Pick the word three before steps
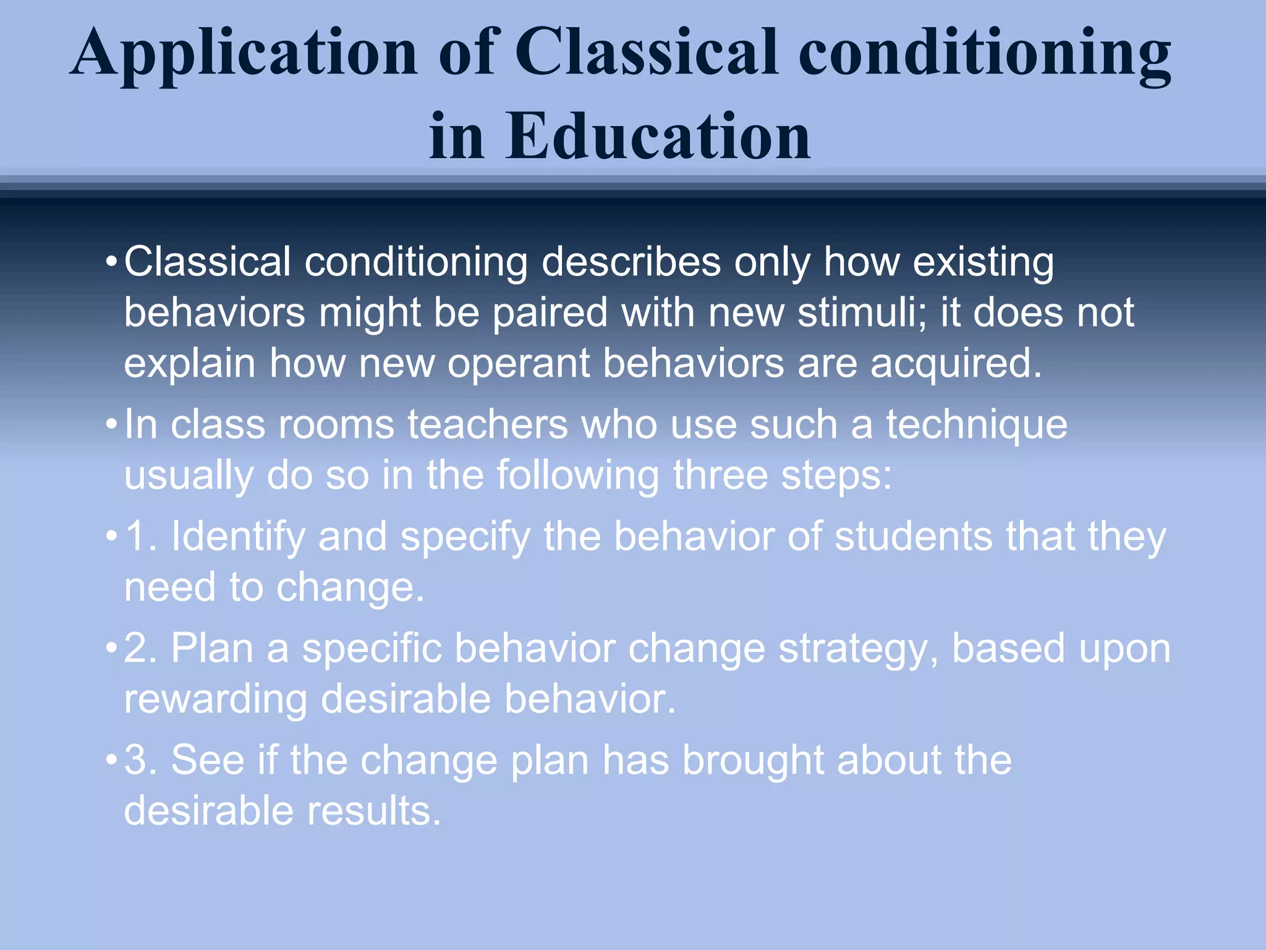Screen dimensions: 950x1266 pos(720,476)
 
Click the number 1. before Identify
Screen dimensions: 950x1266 pos(141,536)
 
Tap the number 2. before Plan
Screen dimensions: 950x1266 pos(141,649)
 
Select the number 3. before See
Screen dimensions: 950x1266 pos(141,760)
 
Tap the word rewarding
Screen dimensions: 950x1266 pos(215,701)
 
